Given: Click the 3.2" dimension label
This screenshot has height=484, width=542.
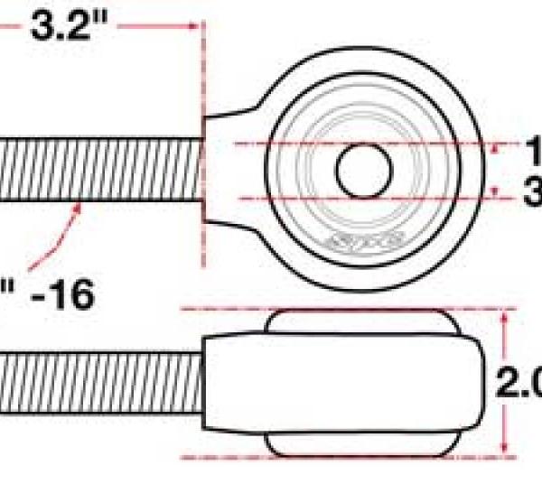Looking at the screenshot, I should click(63, 25).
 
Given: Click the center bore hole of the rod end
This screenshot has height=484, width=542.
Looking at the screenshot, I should click(364, 170).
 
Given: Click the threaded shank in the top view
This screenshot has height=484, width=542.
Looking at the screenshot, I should click(99, 170).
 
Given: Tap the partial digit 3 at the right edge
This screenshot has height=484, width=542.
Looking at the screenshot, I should click(533, 191).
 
